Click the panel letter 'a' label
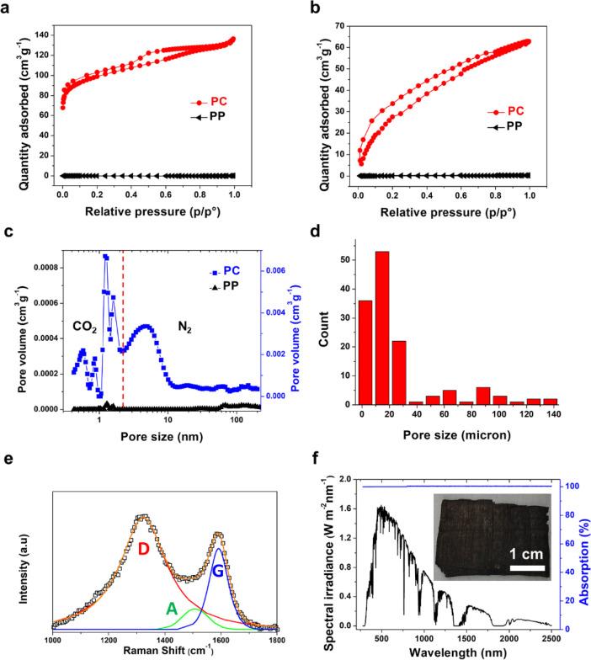pyautogui.click(x=7, y=8)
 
